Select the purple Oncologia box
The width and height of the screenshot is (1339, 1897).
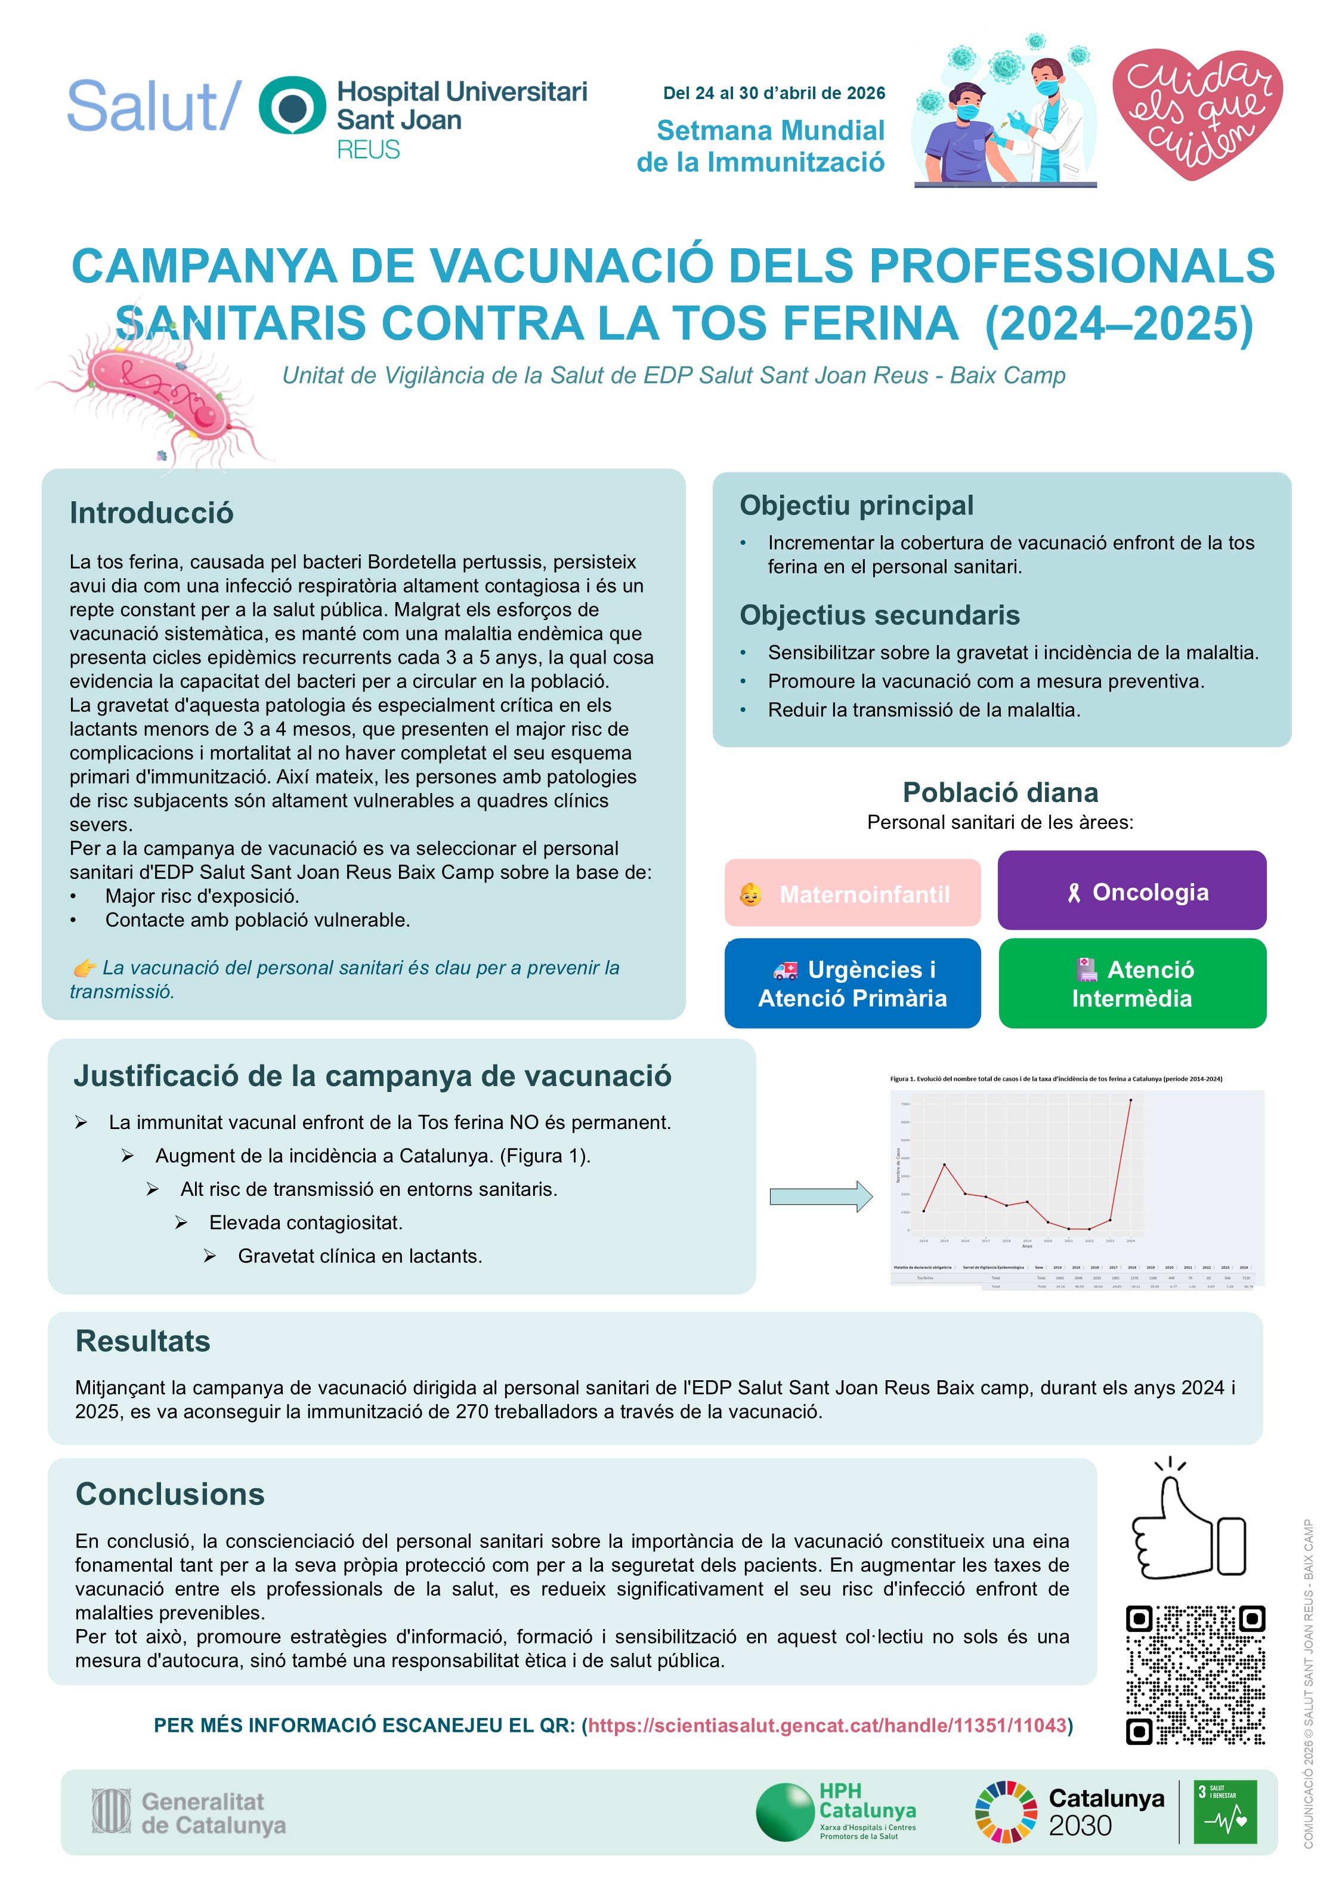point(1131,892)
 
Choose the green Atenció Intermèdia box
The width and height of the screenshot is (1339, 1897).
point(1131,983)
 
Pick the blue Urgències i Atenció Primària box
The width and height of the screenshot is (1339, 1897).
point(852,983)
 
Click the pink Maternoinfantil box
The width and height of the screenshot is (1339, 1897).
point(852,893)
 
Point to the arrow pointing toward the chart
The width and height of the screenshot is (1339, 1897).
point(820,1196)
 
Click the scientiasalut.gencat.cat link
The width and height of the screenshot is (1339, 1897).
point(827,1725)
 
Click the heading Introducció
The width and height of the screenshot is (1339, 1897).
point(151,513)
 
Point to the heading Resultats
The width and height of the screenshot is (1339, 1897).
point(143,1341)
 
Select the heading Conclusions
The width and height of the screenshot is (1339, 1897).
point(170,1494)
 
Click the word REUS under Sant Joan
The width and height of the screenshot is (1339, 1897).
point(369,150)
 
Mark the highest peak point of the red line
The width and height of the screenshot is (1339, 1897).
point(1130,1100)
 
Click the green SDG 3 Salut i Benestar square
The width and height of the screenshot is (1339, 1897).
point(1226,1812)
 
